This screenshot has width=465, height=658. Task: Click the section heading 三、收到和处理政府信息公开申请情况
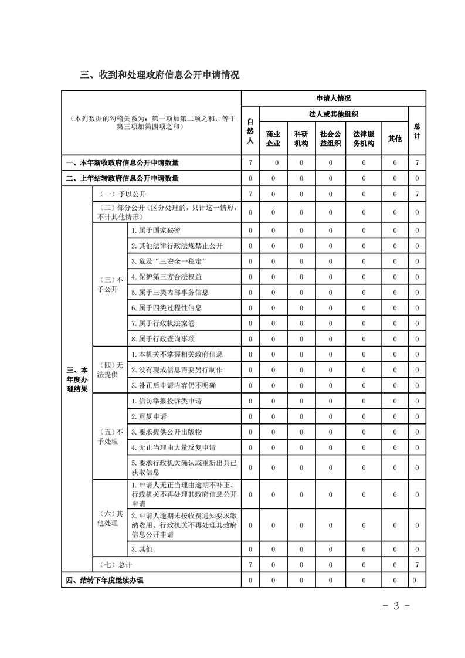point(159,76)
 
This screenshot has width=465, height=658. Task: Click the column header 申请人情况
point(333,99)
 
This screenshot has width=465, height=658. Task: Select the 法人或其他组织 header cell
point(333,114)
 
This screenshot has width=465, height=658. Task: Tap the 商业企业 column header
point(273,138)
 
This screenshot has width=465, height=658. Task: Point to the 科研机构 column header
point(301,138)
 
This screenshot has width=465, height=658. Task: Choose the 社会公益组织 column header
point(330,138)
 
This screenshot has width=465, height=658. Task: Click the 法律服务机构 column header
point(364,138)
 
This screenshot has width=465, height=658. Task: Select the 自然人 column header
point(250,130)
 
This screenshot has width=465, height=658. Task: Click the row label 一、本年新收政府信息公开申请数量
point(123,162)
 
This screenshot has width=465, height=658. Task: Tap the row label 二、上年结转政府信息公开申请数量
point(123,178)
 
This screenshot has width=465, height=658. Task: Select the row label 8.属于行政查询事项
point(155,338)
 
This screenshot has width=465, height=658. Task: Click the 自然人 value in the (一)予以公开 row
point(250,194)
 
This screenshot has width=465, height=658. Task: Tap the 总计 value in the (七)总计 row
point(417,565)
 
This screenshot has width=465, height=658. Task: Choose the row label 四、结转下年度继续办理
point(105,580)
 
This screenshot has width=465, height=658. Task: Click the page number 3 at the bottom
point(396,605)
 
